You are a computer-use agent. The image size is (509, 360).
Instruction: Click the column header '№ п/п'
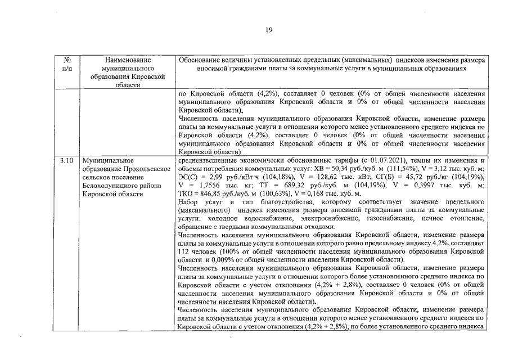pos(67,63)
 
